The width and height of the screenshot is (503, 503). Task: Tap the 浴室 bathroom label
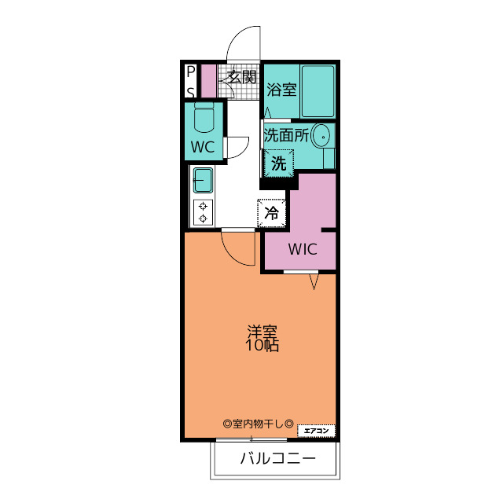(281, 89)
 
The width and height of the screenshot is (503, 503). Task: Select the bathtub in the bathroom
(318, 91)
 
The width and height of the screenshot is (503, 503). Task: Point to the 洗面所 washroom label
(285, 134)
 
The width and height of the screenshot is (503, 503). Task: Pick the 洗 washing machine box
(278, 164)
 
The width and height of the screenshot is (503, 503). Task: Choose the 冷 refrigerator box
(272, 212)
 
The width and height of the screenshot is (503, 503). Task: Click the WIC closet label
(302, 250)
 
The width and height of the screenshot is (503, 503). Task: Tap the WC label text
(203, 147)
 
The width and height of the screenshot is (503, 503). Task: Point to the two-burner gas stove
(203, 212)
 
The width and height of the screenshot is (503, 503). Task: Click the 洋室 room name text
(263, 331)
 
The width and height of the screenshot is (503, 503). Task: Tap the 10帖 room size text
(263, 345)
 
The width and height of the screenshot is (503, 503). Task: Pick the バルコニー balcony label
(277, 458)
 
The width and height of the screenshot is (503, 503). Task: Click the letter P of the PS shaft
(190, 73)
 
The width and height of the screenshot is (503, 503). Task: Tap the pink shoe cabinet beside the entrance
(208, 81)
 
